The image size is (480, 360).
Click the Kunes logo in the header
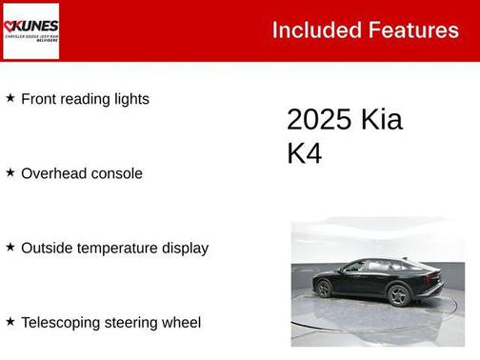[x=31, y=30]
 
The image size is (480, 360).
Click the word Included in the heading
[x=310, y=30]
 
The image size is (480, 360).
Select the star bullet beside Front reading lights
[x=10, y=98]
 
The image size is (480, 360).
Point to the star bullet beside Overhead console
[x=10, y=172]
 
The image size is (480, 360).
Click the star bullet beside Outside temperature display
[x=10, y=247]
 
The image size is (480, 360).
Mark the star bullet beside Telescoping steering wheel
[x=10, y=322]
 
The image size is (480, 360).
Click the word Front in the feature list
[x=39, y=99]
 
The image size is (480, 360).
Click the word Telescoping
[x=62, y=323]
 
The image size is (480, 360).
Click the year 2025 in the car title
[x=319, y=120]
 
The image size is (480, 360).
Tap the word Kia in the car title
[x=381, y=120]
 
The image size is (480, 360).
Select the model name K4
[x=305, y=153]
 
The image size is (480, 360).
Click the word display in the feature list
[x=184, y=248]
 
